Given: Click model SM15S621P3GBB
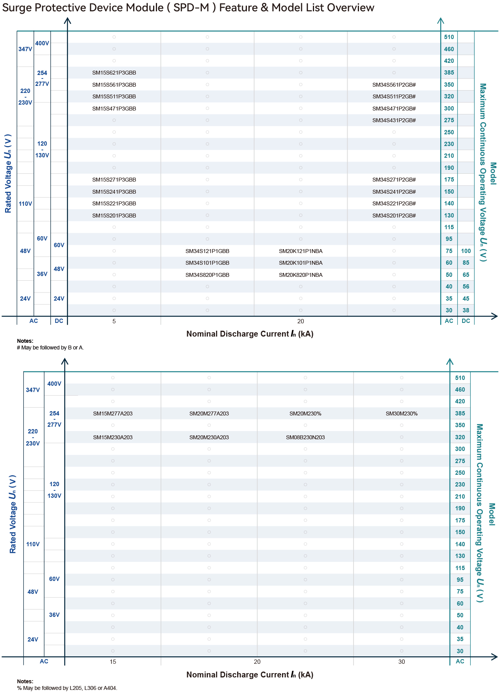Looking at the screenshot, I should point(114,73).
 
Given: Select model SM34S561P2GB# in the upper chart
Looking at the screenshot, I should point(394,85).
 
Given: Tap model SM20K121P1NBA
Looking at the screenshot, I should point(300,251).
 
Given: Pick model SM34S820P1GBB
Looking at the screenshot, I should point(207,275).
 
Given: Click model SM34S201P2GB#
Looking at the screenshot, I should point(394,216).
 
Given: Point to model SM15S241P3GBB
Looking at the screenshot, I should point(114,192).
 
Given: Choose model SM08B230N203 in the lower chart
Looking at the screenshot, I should point(305,437).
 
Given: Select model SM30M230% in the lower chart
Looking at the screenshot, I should point(402,413).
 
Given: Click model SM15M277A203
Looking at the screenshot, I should point(112,413).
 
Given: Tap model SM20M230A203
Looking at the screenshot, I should point(209,437).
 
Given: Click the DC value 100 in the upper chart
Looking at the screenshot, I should point(466,251).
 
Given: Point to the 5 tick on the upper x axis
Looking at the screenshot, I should point(114,321).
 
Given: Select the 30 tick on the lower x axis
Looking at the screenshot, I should point(402,662).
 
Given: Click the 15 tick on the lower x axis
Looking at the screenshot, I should point(112,662).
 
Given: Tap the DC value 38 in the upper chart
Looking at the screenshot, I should point(466,310).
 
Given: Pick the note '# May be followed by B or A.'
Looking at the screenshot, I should point(50,347).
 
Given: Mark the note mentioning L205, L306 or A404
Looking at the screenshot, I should point(67,688).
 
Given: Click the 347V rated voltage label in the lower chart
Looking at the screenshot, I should point(33,390).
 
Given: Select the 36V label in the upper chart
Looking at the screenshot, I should point(42,274).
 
